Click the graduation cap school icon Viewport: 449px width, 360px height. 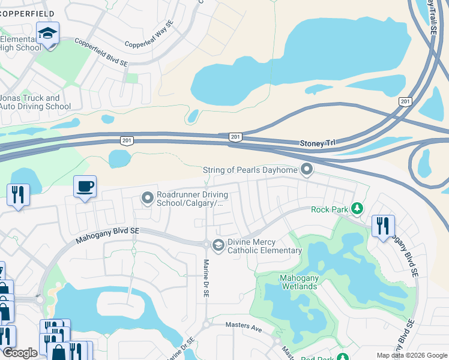[x=47, y=34]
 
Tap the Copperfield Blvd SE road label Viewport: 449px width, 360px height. [x=101, y=53]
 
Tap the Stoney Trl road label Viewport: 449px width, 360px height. [x=318, y=144]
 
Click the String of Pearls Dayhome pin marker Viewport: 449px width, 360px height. [x=307, y=170]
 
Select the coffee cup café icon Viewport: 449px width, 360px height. [x=85, y=186]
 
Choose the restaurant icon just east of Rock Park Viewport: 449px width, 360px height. [x=382, y=226]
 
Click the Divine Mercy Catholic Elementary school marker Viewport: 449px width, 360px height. [x=218, y=244]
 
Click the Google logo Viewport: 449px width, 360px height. [x=20, y=353]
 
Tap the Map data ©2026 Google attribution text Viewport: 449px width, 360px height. [x=412, y=355]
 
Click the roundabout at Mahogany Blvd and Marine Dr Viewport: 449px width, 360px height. [x=206, y=244]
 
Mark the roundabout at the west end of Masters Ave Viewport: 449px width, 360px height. [x=206, y=325]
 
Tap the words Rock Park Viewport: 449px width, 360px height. [x=329, y=209]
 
